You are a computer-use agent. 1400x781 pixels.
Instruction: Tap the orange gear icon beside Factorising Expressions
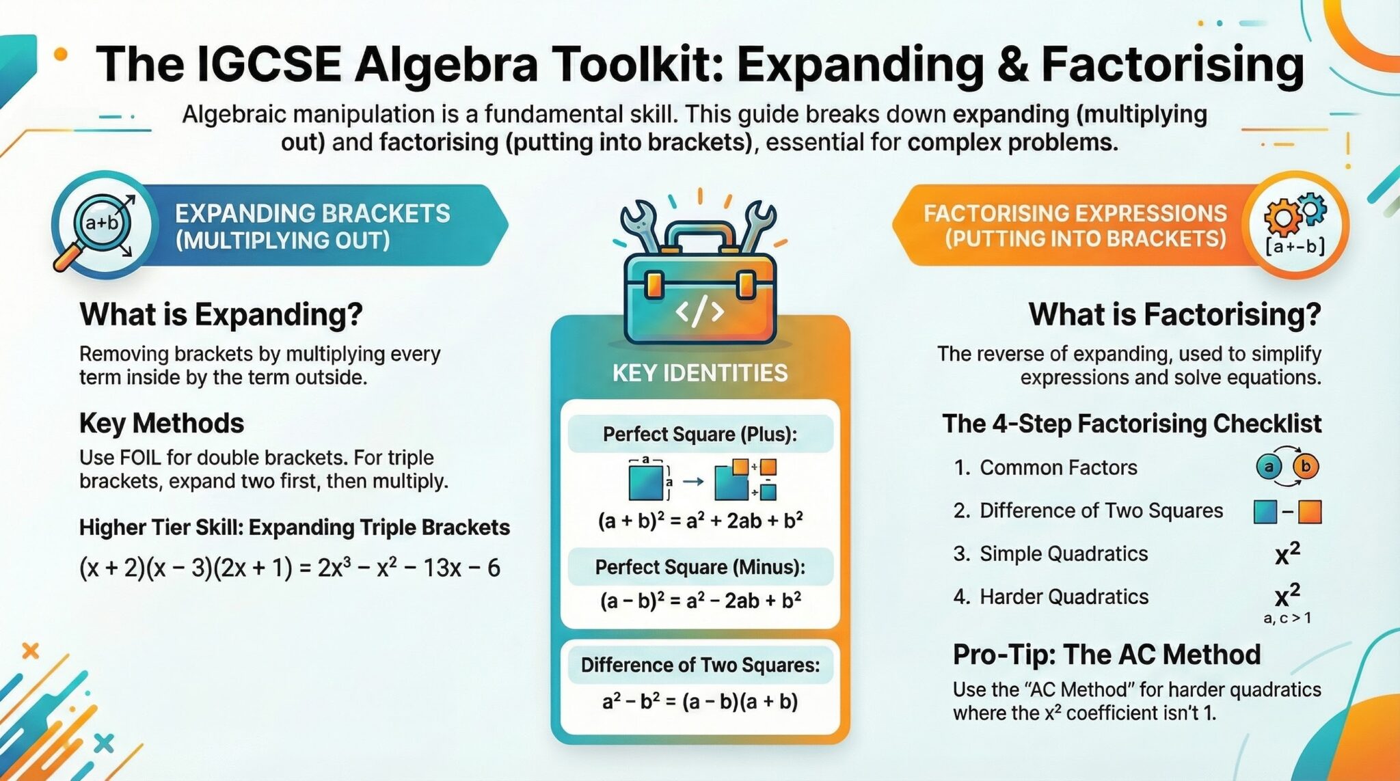pyautogui.click(x=1282, y=218)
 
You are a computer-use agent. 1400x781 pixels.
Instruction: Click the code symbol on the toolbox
pyautogui.click(x=699, y=312)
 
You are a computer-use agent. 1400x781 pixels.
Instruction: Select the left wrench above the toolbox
pyautogui.click(x=641, y=225)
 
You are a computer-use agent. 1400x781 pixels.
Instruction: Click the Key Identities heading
pyautogui.click(x=700, y=373)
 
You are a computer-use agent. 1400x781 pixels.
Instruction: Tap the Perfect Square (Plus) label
pyautogui.click(x=700, y=435)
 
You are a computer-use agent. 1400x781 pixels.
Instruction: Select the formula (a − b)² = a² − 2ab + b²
pyautogui.click(x=700, y=601)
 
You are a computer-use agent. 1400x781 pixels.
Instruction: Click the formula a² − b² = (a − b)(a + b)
pyautogui.click(x=700, y=702)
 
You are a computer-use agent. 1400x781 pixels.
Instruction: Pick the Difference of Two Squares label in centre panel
pyautogui.click(x=700, y=666)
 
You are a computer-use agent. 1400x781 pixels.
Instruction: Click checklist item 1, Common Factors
pyautogui.click(x=1045, y=468)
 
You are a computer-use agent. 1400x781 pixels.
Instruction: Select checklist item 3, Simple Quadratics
pyautogui.click(x=1051, y=554)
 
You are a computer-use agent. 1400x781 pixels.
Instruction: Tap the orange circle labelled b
pyautogui.click(x=1306, y=467)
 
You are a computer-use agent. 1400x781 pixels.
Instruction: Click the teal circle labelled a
pyautogui.click(x=1269, y=467)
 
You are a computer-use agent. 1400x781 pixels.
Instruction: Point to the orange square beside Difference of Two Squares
pyautogui.click(x=1309, y=512)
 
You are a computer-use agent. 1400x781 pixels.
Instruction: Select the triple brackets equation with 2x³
pyautogui.click(x=290, y=568)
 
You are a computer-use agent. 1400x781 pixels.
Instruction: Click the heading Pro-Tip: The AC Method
pyautogui.click(x=1106, y=655)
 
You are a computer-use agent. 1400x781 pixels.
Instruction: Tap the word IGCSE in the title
pyautogui.click(x=268, y=65)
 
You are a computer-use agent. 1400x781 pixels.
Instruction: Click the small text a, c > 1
pyautogui.click(x=1287, y=619)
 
